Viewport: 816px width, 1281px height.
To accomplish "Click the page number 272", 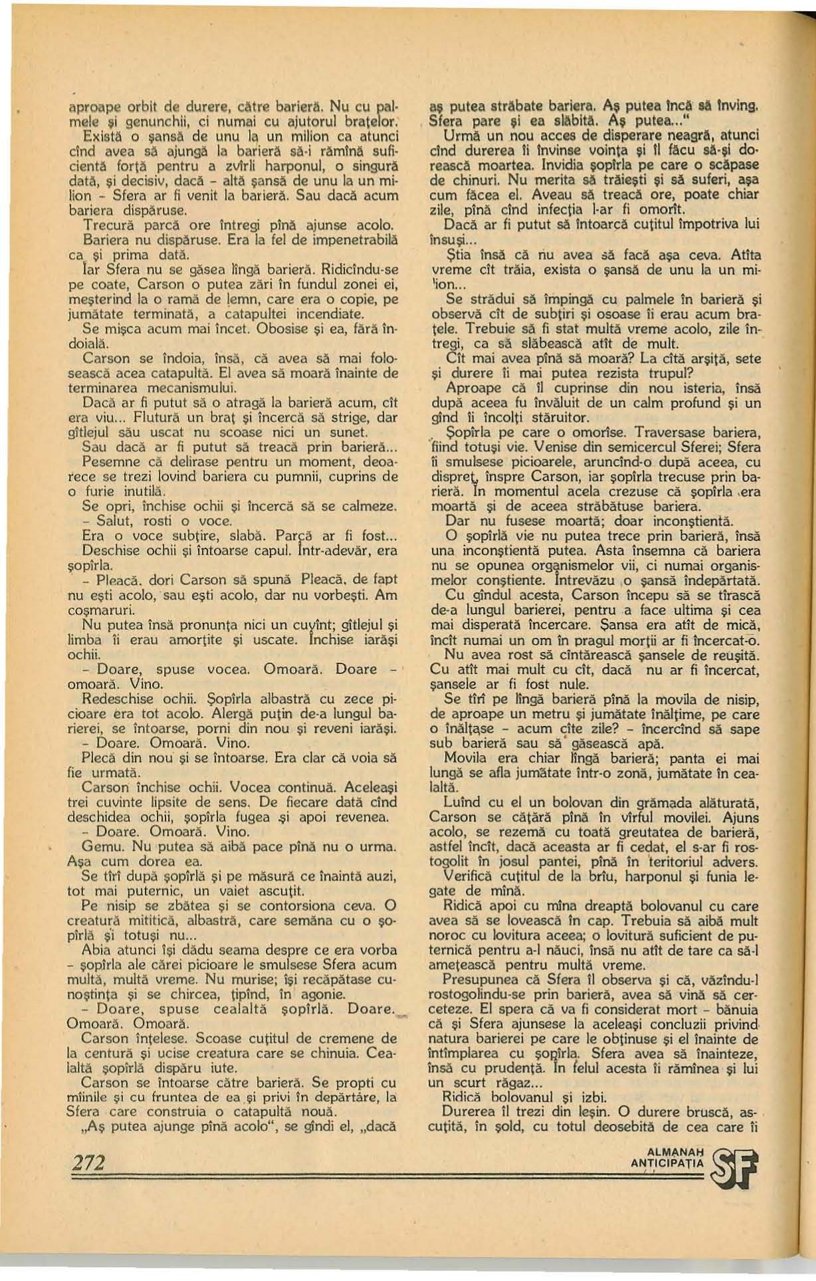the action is [88, 1162].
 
